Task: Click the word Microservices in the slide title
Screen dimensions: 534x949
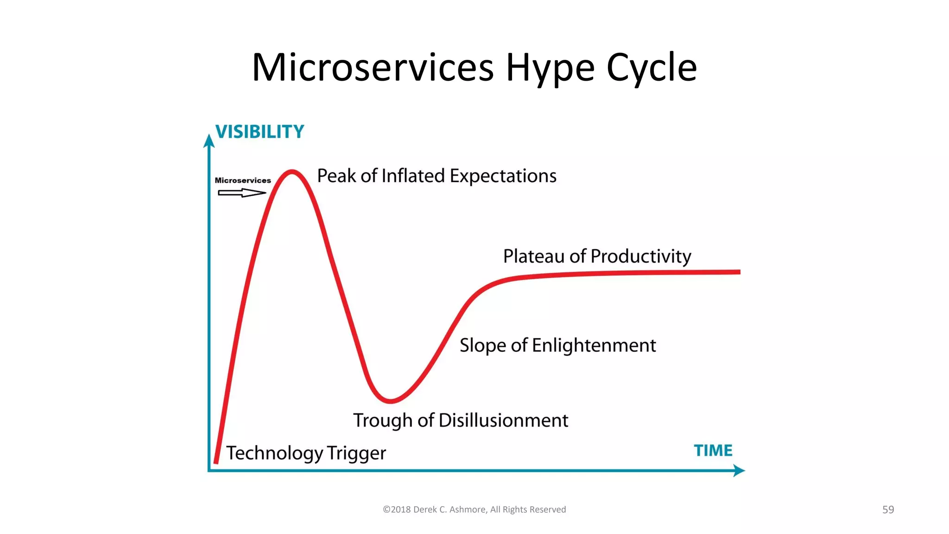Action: pyautogui.click(x=373, y=68)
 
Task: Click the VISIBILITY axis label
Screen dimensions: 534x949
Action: pyautogui.click(x=259, y=132)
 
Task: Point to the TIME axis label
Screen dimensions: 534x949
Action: pyautogui.click(x=713, y=451)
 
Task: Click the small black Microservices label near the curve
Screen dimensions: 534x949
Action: pyautogui.click(x=243, y=180)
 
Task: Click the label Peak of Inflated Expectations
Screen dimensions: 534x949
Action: pyautogui.click(x=437, y=176)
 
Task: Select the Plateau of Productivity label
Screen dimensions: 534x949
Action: pyautogui.click(x=597, y=256)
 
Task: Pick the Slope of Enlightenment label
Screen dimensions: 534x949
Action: pyautogui.click(x=557, y=345)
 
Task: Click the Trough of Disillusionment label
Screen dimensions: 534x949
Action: pyautogui.click(x=461, y=420)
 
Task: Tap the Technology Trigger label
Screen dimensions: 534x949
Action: pyautogui.click(x=306, y=453)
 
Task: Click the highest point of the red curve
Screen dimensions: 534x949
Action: pyautogui.click(x=292, y=172)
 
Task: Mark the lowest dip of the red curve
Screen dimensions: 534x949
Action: pyautogui.click(x=390, y=400)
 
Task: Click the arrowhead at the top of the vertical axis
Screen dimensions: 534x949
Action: pyautogui.click(x=209, y=140)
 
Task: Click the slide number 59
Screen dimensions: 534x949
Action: pyautogui.click(x=888, y=509)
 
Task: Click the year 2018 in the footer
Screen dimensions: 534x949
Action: pyautogui.click(x=401, y=509)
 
